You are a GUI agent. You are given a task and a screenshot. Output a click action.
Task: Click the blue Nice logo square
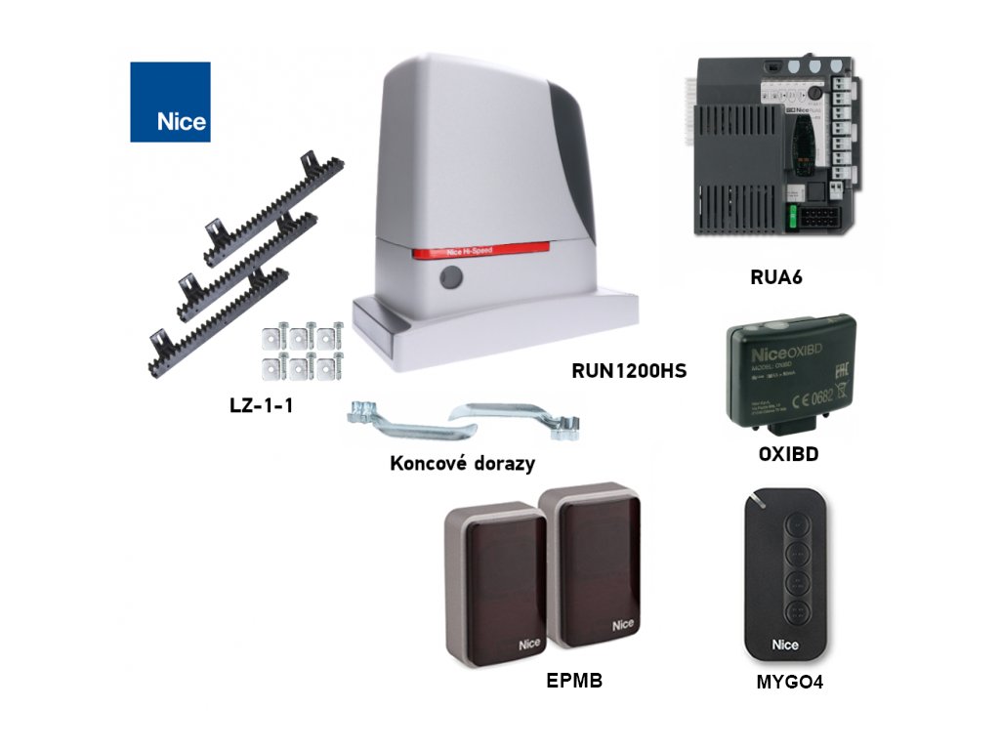(170, 102)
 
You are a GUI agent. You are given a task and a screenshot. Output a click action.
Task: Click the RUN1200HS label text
(629, 371)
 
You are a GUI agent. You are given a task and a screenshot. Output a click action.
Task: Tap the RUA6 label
(775, 276)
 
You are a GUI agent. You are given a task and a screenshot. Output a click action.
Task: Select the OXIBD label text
(788, 454)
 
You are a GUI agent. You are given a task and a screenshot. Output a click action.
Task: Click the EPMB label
(573, 682)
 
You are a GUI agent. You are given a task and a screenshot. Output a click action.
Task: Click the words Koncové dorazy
(462, 463)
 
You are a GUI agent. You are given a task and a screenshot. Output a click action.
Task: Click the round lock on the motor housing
(450, 279)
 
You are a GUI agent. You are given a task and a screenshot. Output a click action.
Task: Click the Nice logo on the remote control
(785, 645)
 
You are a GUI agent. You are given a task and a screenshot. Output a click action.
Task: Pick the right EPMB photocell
(589, 571)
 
